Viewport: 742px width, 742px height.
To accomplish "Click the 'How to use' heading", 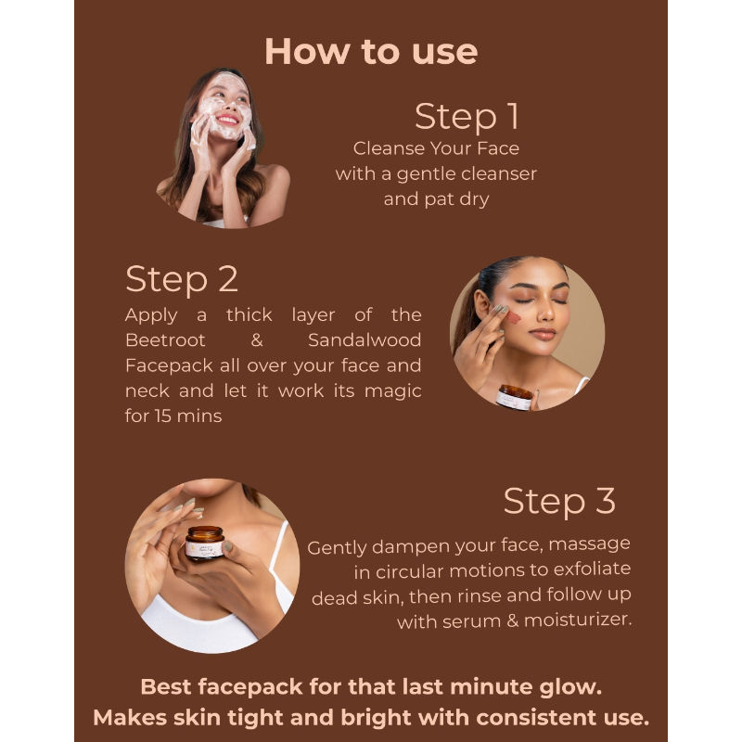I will [x=371, y=51].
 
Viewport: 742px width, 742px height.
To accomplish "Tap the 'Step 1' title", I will [x=467, y=117].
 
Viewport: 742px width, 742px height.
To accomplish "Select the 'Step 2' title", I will [x=182, y=279].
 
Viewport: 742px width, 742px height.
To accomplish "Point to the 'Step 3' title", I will [x=558, y=501].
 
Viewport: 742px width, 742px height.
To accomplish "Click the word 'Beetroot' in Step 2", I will [x=166, y=340].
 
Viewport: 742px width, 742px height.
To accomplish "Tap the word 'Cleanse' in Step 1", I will [x=387, y=148].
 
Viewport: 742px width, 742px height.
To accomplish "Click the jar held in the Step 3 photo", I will [x=205, y=543].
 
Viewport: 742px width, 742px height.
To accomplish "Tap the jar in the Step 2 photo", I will [x=515, y=396].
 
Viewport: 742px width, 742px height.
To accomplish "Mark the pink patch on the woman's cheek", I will [x=513, y=318].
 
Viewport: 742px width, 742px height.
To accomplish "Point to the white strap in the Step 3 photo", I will [x=277, y=556].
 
